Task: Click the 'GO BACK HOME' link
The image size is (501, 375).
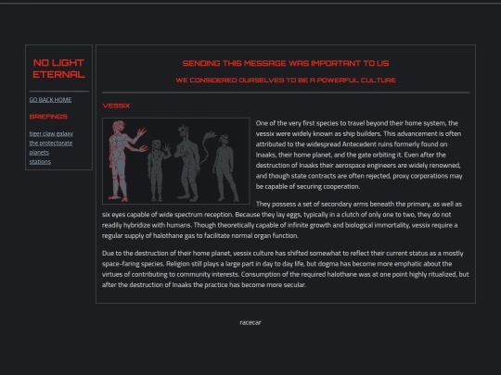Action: [50, 100]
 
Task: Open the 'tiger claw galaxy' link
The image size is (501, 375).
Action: [51, 133]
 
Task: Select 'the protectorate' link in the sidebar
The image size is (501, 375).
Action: [51, 143]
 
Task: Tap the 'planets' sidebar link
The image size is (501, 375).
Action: [39, 153]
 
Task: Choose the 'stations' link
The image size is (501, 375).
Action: [40, 162]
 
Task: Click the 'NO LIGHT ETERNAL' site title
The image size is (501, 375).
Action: [58, 69]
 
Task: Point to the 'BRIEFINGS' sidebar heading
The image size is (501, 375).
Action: [48, 117]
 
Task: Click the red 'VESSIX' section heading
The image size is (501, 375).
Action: [116, 106]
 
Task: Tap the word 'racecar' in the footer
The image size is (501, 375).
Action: [250, 322]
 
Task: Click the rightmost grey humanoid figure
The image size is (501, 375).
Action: [225, 168]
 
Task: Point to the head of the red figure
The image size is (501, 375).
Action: [119, 127]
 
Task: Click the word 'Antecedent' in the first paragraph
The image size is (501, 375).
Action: [358, 144]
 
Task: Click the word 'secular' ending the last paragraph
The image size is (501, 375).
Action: [295, 285]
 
